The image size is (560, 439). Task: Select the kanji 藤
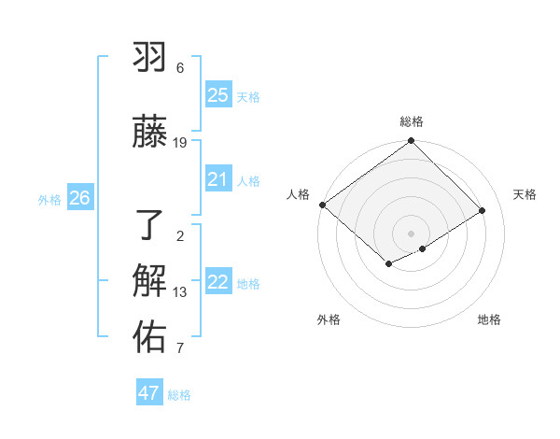tap(150, 132)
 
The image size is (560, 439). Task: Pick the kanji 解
tap(150, 281)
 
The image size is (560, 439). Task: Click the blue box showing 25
tap(218, 95)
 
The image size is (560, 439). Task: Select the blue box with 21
tap(218, 179)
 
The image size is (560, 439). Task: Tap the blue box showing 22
tap(218, 282)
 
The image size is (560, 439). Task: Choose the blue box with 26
tap(79, 198)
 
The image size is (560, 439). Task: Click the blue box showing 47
tap(149, 393)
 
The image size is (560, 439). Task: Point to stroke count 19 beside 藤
tap(180, 142)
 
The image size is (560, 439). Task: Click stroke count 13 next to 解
tap(180, 292)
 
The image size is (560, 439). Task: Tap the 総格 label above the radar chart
tap(412, 121)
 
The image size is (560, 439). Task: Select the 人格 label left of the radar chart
tap(299, 194)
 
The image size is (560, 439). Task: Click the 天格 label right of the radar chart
tap(525, 194)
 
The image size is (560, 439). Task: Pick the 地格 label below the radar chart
tap(489, 319)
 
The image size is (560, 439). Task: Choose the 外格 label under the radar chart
tap(329, 319)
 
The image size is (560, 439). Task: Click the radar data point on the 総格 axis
tap(412, 141)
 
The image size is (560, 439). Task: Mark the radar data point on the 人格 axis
tap(322, 205)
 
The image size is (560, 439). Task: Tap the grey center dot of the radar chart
tap(412, 233)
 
